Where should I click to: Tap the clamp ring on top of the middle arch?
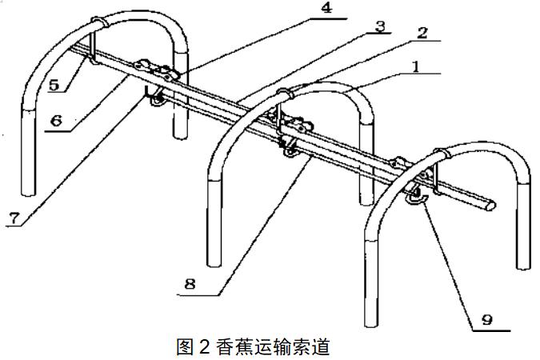tap(282, 94)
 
